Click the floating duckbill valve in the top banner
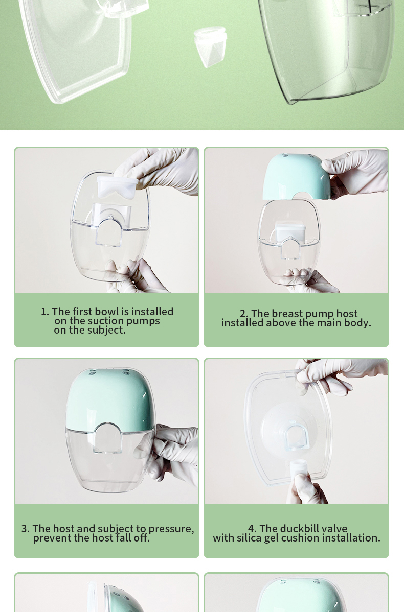point(210,46)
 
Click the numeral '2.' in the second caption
point(244,314)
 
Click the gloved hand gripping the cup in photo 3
point(176,450)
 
